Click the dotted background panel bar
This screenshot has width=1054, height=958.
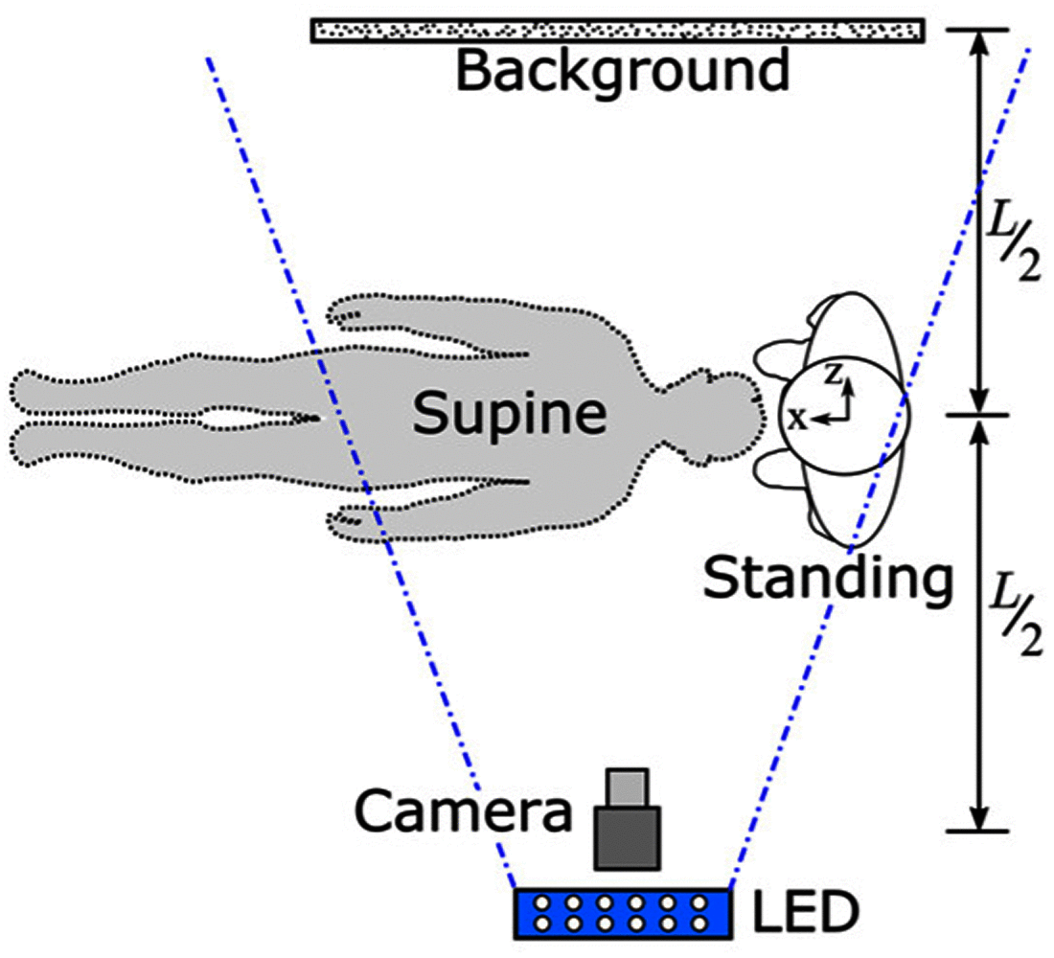click(x=617, y=31)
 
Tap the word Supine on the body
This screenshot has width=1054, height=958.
click(x=509, y=414)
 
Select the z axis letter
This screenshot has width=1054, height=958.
click(x=835, y=376)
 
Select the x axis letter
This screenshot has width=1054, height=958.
click(x=796, y=418)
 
